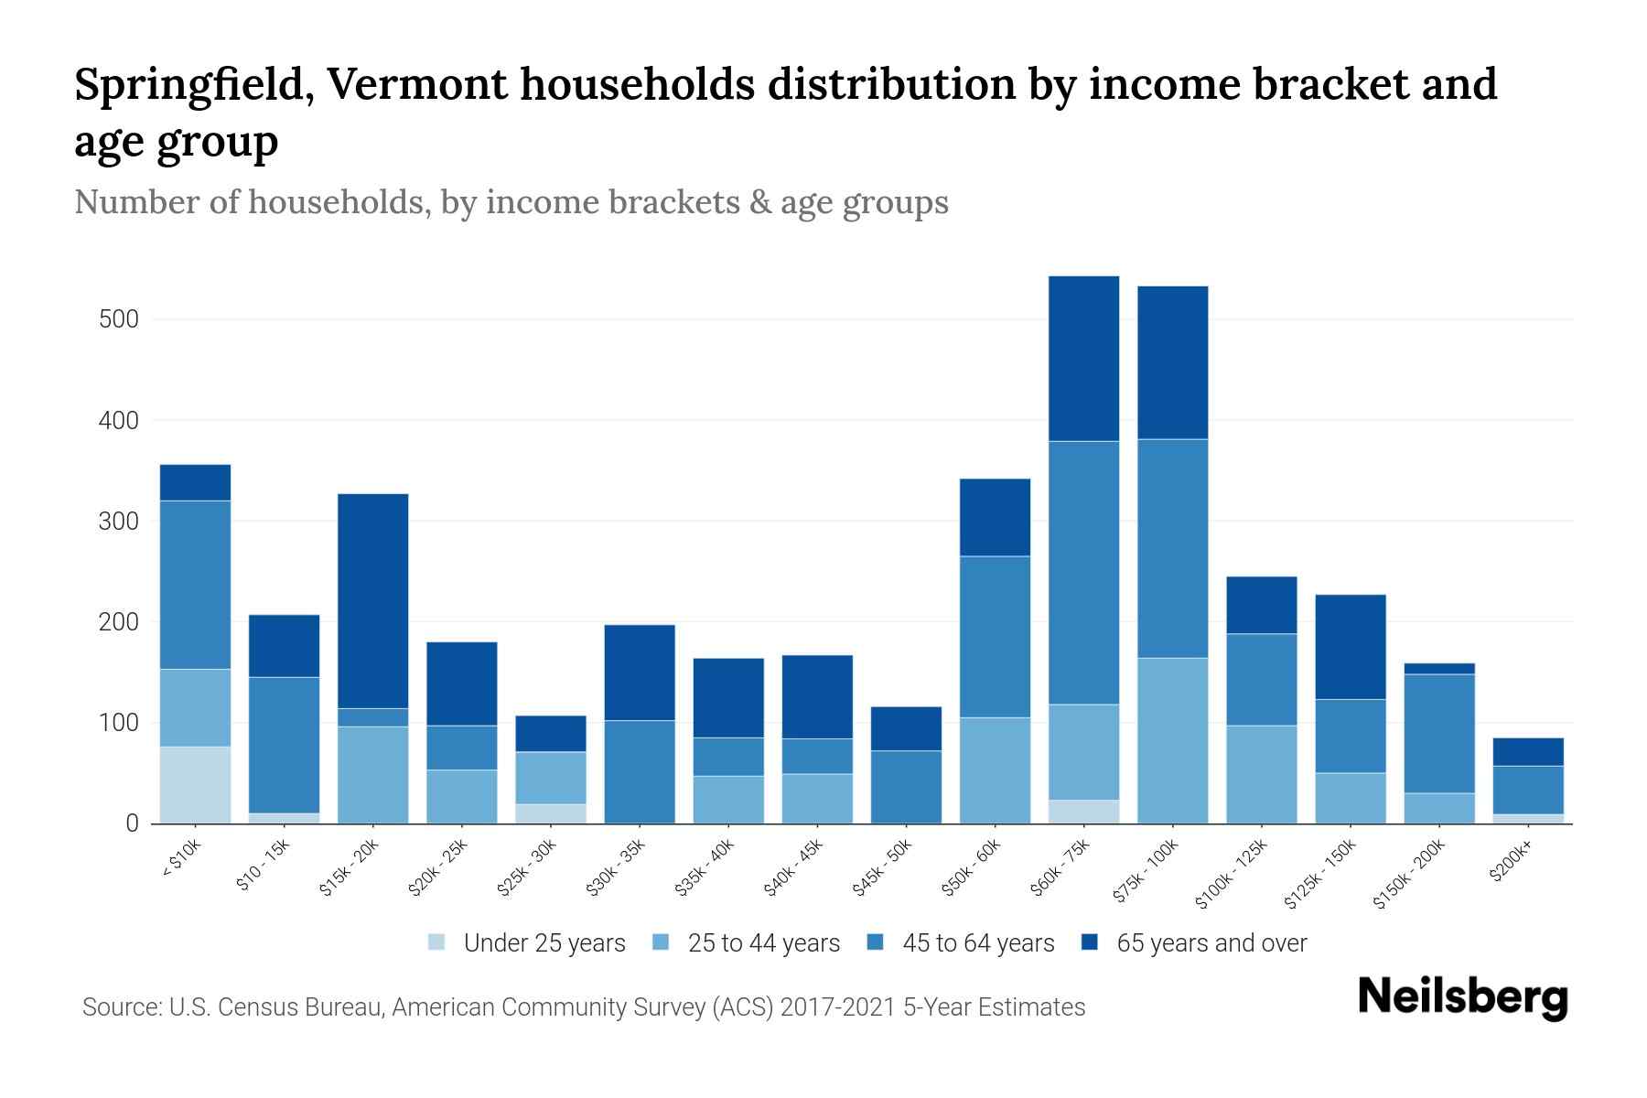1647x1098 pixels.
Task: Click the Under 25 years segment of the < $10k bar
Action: click(195, 784)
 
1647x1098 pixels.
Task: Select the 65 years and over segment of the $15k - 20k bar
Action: click(372, 600)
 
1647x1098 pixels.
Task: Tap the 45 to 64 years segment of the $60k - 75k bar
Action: click(1083, 572)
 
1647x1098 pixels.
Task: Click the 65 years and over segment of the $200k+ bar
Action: click(1527, 751)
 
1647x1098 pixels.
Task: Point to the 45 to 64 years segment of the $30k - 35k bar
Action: click(640, 770)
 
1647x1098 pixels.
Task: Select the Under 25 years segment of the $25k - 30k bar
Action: click(551, 813)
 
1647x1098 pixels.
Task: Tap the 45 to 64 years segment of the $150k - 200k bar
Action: click(1438, 733)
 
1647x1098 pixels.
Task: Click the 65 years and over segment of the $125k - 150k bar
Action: click(1350, 646)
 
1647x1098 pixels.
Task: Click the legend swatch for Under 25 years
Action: click(437, 942)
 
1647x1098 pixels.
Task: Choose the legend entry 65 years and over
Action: click(1211, 942)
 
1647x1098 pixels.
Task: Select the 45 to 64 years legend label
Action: click(977, 942)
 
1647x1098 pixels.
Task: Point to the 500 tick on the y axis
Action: click(119, 319)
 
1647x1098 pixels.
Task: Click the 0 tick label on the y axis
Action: click(132, 823)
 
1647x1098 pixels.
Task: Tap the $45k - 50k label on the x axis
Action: click(883, 867)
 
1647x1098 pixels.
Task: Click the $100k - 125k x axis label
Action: click(1231, 874)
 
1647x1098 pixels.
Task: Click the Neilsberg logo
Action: click(1462, 997)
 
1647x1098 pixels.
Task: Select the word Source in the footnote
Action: click(120, 1007)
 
